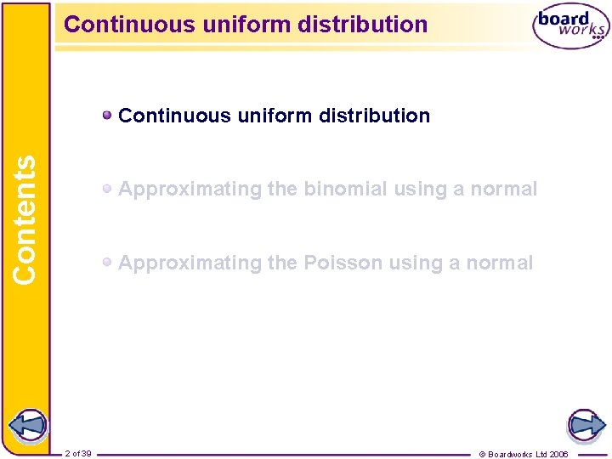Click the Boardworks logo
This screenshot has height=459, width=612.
[x=570, y=26]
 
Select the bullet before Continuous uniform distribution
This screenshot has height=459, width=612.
[x=107, y=115]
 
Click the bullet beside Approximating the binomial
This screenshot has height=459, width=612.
[x=107, y=189]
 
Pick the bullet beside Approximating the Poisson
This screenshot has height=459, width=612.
[x=107, y=263]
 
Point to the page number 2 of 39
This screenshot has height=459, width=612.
[x=78, y=454]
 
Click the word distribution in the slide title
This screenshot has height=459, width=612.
[x=367, y=24]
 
